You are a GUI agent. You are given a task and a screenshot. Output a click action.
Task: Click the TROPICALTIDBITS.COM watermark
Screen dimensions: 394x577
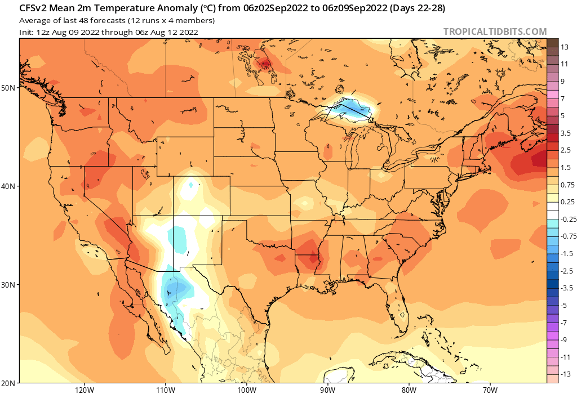(495, 32)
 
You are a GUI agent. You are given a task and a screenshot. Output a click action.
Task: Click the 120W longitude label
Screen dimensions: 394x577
(83, 389)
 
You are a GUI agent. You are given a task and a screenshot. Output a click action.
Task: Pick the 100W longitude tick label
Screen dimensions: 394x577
(246, 389)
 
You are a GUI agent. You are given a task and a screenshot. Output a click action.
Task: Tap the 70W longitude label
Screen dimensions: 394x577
(490, 389)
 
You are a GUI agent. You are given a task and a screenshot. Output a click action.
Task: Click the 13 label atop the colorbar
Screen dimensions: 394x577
(563, 48)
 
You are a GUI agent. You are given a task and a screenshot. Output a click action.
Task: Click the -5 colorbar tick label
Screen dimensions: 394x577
(563, 305)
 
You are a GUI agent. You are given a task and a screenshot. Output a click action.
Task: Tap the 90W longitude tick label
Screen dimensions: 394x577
(327, 389)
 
